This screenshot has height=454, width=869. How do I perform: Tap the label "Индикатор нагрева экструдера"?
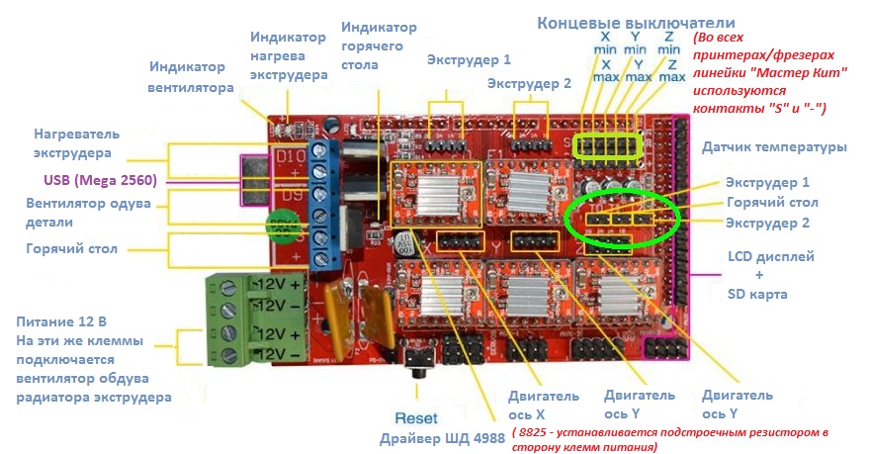point(287,55)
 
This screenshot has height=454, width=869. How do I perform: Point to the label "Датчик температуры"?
point(774,147)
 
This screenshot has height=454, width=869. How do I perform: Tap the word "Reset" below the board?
point(415,417)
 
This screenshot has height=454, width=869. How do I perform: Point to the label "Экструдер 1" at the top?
point(469,60)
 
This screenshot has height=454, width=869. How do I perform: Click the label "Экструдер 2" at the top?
point(529,84)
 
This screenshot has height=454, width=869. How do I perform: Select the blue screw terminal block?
point(320,204)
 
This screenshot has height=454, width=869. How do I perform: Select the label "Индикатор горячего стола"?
point(378,45)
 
